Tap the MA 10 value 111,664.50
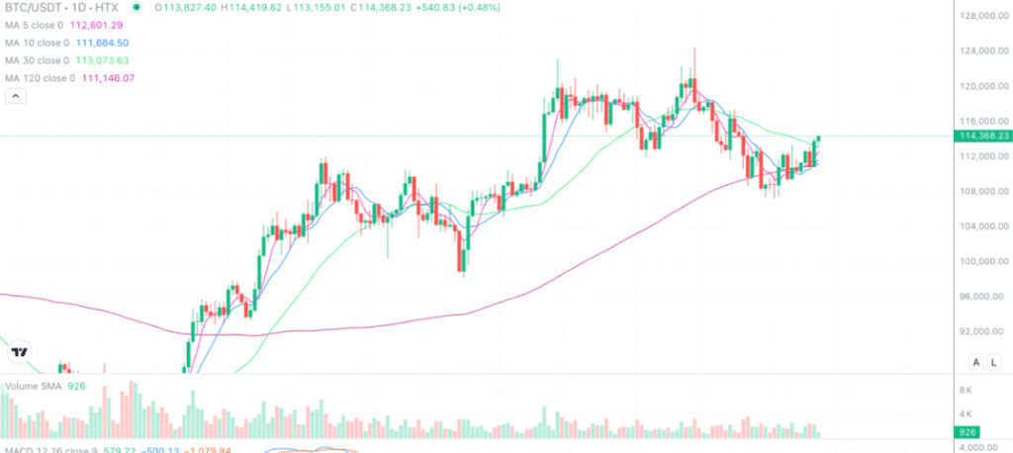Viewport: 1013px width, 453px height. (112, 44)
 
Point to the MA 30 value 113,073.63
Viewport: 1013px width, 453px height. (112, 60)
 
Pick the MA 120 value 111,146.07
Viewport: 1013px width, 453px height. (115, 77)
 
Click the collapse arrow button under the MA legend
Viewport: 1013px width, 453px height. (15, 96)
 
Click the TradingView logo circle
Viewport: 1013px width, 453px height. (18, 351)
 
